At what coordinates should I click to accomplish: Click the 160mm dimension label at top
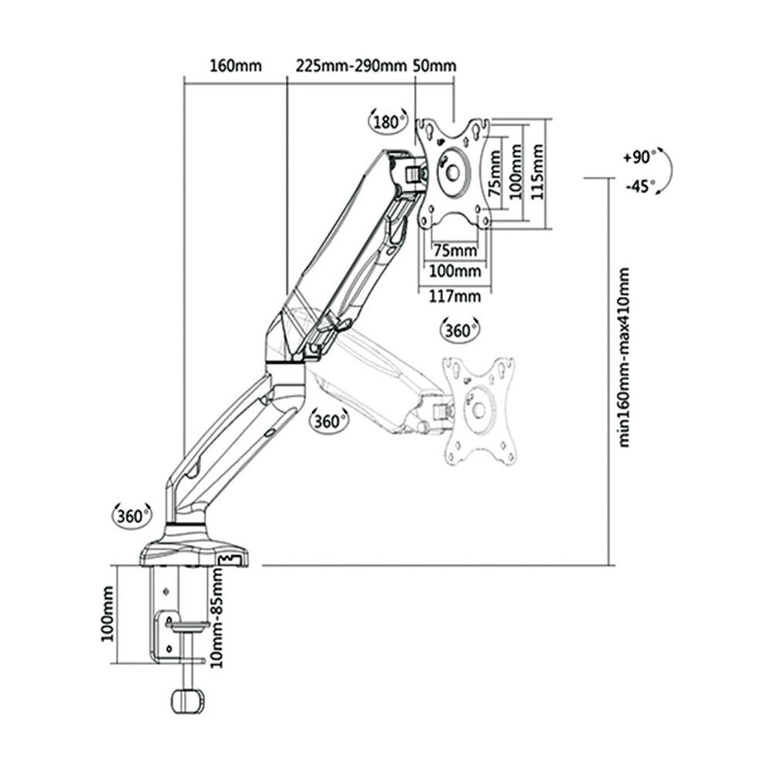coord(236,66)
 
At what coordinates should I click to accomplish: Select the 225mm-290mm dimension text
coord(351,66)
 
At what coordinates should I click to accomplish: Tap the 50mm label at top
coord(434,66)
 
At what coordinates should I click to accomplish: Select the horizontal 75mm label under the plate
coord(455,250)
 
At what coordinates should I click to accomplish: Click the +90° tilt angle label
coord(638,157)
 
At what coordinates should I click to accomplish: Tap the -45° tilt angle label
coord(638,186)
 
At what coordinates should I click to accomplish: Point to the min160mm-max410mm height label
coord(625,357)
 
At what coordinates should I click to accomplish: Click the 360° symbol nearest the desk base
coord(132,516)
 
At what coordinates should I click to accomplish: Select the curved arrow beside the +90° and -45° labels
coord(666,171)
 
